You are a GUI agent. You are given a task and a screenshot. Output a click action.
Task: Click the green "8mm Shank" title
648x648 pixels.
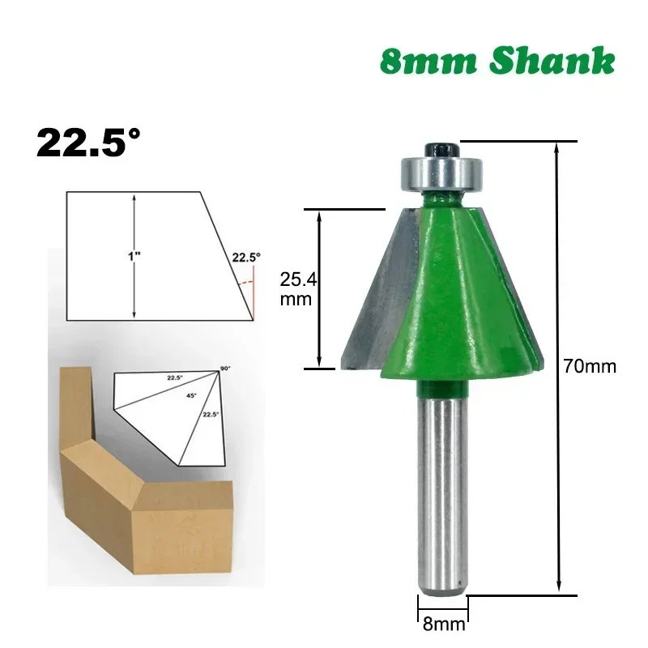point(497,62)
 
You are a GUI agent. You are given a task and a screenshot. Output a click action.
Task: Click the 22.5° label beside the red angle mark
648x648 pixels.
point(246,258)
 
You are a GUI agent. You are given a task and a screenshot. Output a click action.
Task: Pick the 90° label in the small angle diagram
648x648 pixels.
point(225,369)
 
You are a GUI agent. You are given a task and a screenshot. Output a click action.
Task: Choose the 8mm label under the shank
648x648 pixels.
point(443,624)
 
